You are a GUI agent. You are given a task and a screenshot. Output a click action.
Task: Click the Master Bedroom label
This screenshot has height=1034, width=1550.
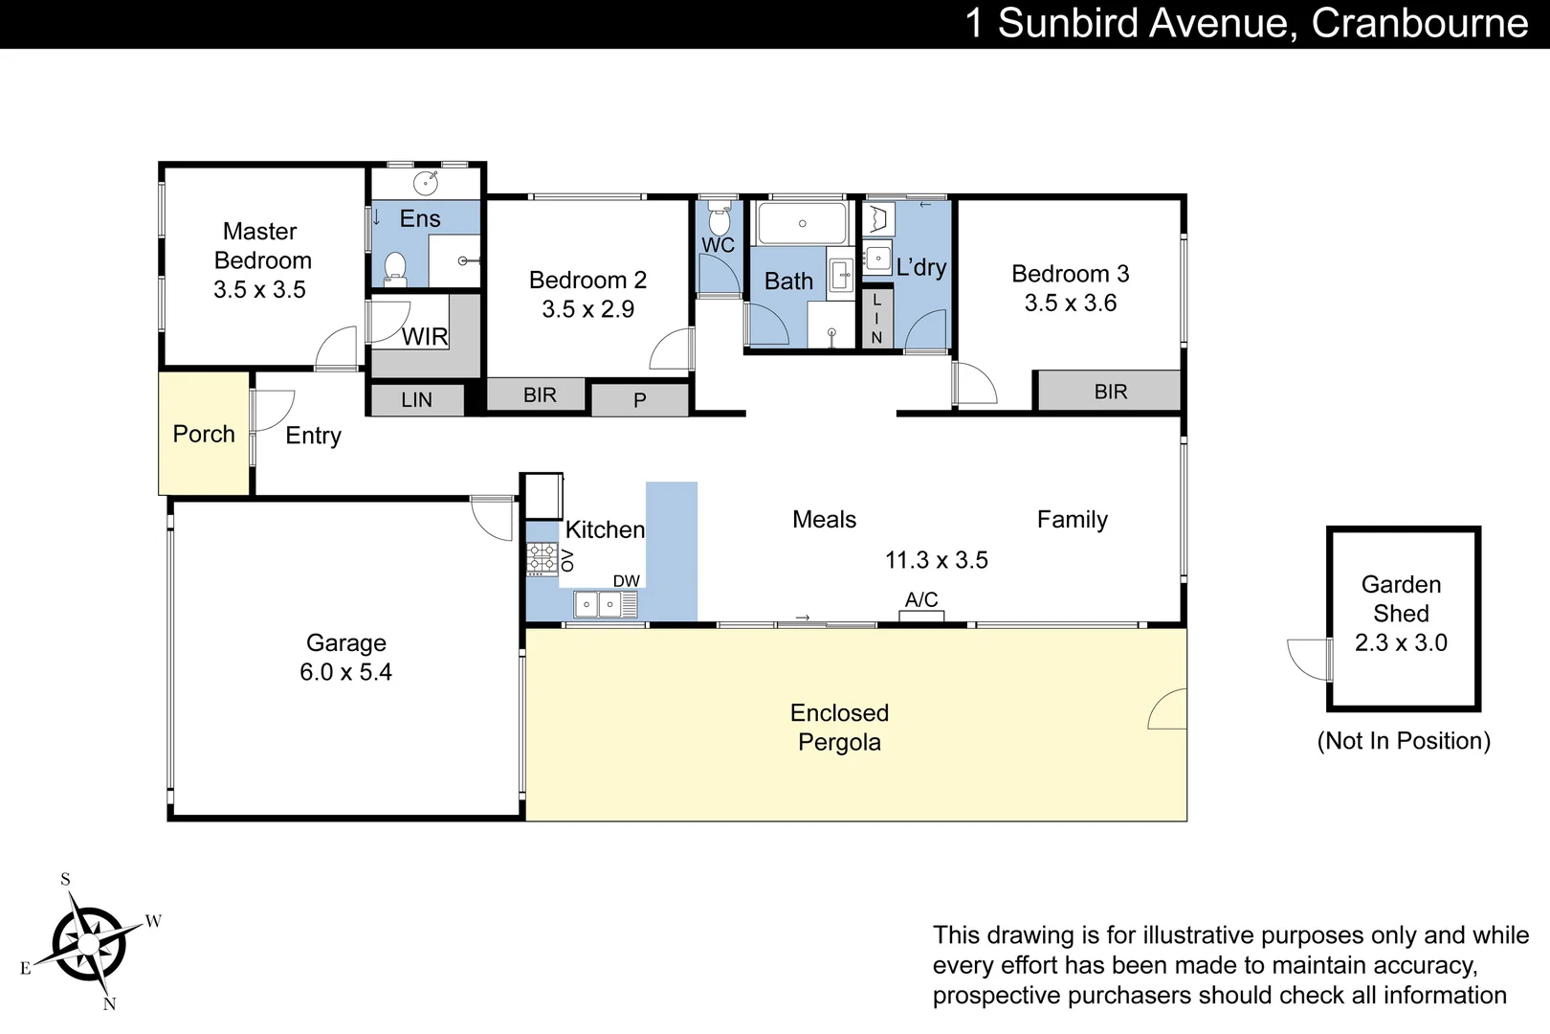pos(260,246)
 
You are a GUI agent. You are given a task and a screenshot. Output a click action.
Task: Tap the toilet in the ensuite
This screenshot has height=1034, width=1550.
pos(395,269)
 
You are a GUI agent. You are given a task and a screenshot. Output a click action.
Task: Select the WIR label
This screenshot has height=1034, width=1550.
pos(425,337)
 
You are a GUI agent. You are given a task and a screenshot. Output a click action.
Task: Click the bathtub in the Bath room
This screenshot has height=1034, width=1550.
pos(802,223)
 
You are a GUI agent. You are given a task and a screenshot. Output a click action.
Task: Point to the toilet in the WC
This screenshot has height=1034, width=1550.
pos(719,219)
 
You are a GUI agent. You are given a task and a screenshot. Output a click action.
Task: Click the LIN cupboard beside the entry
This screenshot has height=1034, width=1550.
pos(416,400)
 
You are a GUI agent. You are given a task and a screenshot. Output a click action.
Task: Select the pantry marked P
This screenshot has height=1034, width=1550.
pos(639,400)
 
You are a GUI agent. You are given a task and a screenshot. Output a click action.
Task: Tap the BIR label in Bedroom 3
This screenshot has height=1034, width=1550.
pos(1110,392)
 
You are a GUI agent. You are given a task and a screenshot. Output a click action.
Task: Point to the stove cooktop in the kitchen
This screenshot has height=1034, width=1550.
pos(542,557)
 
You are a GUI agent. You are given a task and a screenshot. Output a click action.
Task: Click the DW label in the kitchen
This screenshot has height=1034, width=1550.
pos(626,581)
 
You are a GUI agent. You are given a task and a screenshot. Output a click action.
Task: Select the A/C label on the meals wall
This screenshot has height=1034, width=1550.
pos(921,600)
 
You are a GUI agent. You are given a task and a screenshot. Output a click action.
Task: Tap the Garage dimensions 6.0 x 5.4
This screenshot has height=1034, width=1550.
pos(345,672)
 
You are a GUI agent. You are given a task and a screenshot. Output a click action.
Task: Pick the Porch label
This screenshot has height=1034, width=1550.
pos(204,434)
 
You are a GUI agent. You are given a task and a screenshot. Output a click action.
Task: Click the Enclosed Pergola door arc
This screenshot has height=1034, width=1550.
pos(1168,709)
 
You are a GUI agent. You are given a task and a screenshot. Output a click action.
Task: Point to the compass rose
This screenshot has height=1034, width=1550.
pos(88,944)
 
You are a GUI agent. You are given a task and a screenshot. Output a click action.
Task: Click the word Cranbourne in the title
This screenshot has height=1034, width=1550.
pos(1419,23)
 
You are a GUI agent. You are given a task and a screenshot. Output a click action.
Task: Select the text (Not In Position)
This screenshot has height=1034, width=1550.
pos(1403,741)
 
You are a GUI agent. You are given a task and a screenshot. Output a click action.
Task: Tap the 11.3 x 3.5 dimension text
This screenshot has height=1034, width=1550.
pos(936,560)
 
